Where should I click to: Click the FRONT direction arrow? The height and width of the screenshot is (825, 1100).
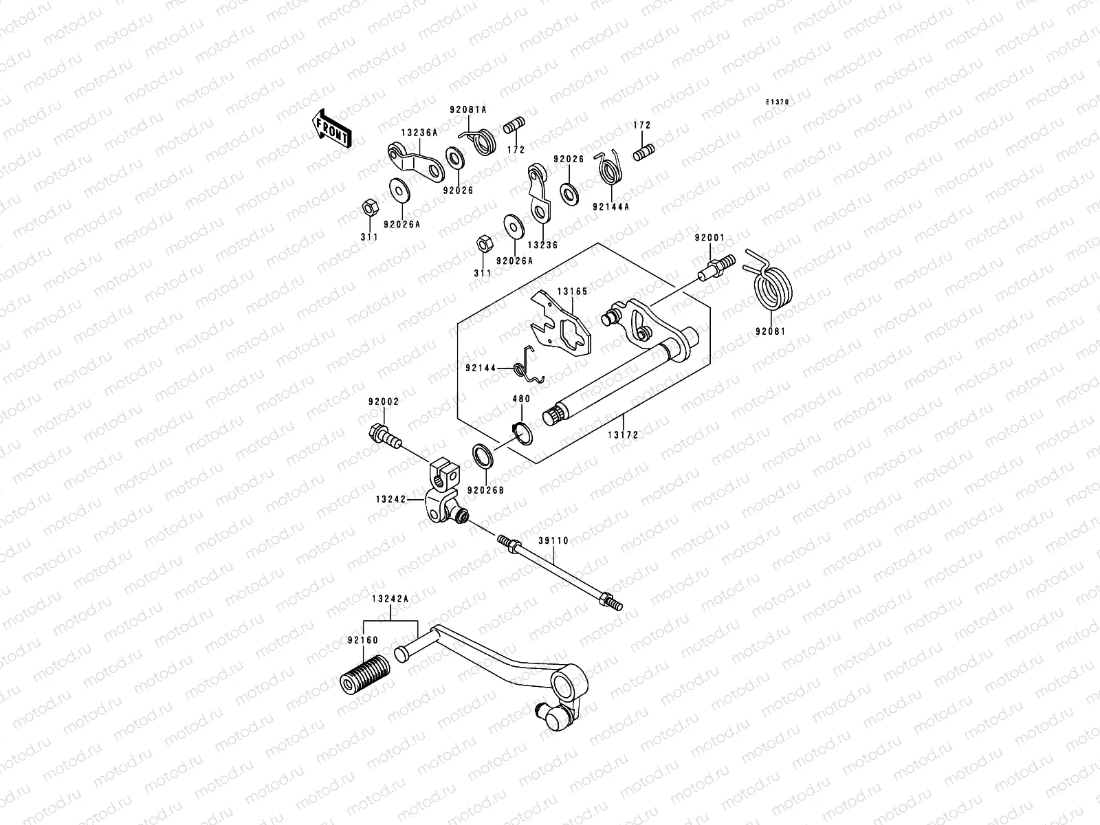[332, 129]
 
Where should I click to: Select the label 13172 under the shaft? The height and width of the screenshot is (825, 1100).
[622, 434]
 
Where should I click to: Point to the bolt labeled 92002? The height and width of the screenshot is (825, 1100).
[384, 435]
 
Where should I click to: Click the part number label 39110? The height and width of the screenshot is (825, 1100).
[553, 540]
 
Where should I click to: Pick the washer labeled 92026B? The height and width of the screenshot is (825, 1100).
[483, 456]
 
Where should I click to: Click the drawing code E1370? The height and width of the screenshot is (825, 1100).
[778, 102]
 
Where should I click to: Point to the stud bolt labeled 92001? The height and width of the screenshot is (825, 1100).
[714, 267]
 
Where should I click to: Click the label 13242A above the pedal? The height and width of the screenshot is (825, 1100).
[390, 599]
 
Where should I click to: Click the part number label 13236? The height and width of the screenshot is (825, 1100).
[542, 245]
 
